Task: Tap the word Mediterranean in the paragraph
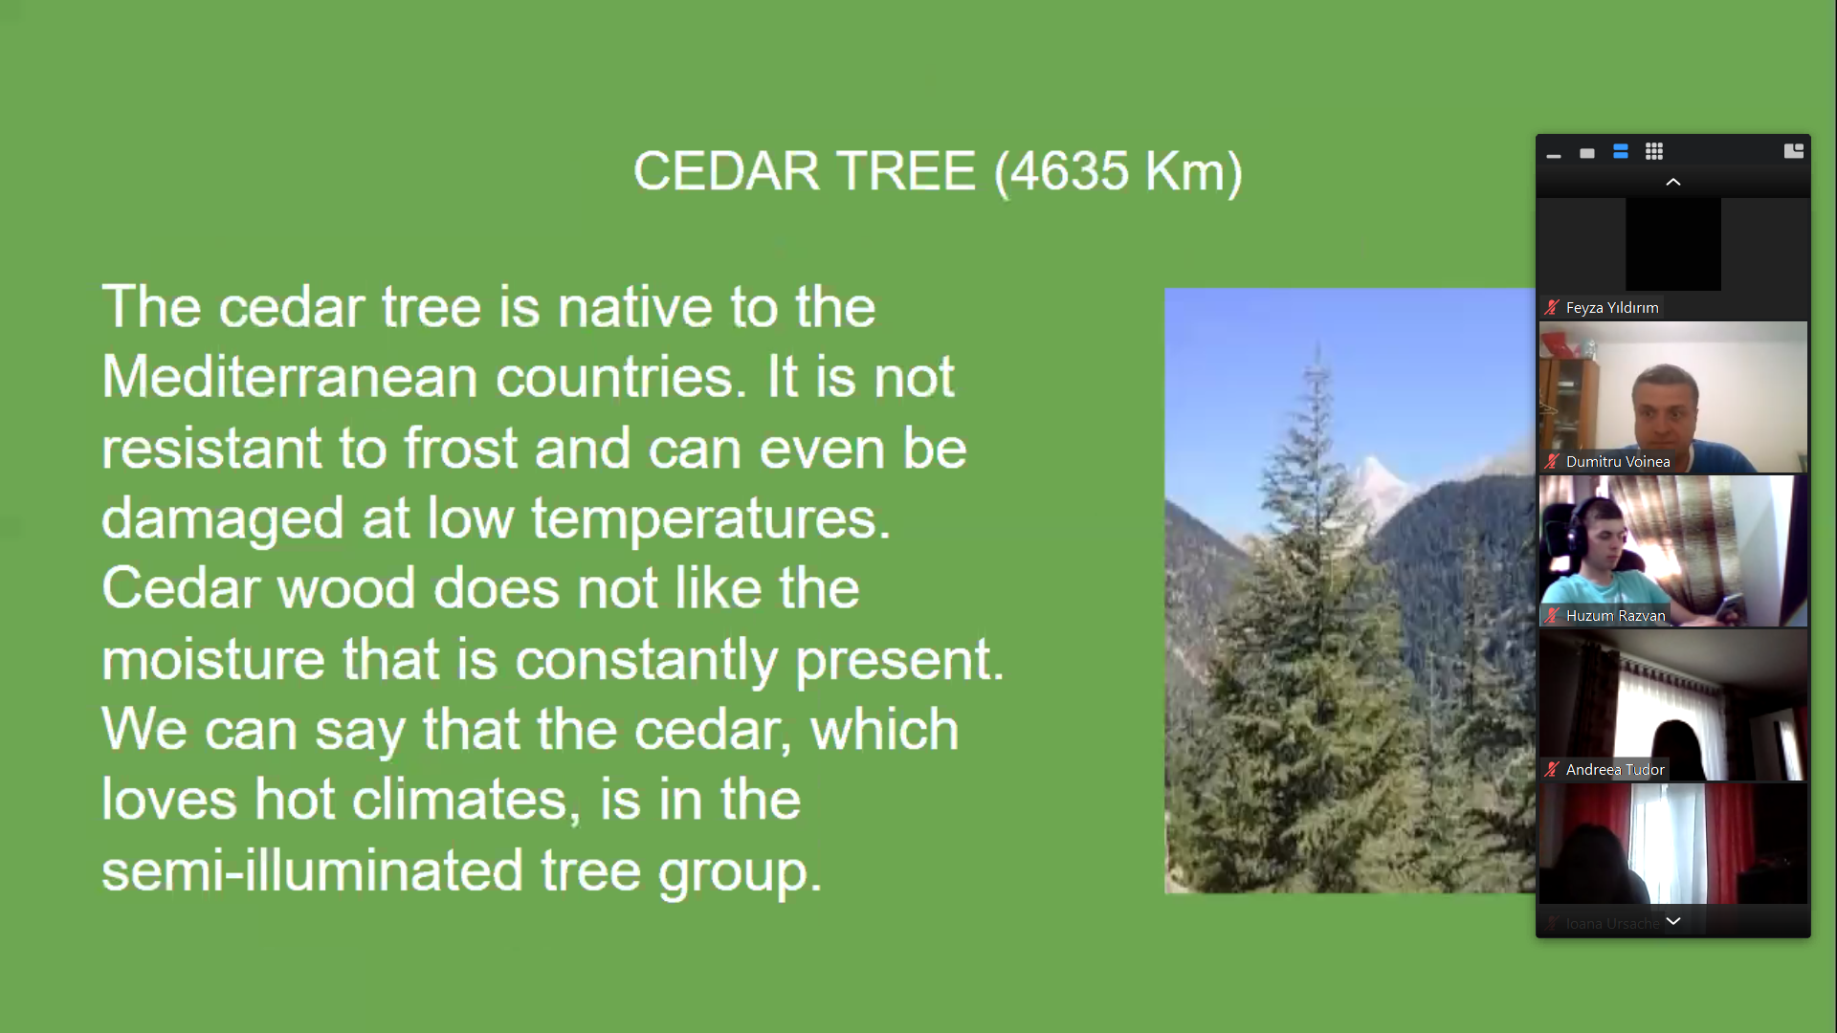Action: coord(290,377)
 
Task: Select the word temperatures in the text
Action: coord(711,519)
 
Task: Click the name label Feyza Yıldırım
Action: coord(1612,308)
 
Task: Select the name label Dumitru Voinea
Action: coord(1618,462)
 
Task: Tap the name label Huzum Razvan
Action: coord(1616,616)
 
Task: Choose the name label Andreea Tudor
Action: coord(1615,770)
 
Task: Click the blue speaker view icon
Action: coord(1621,152)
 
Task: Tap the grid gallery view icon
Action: coord(1654,152)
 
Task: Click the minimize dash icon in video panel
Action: coord(1554,155)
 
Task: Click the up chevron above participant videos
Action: coord(1673,182)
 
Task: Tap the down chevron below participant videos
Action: coord(1673,921)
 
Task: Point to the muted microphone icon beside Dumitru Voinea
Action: coord(1552,462)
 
